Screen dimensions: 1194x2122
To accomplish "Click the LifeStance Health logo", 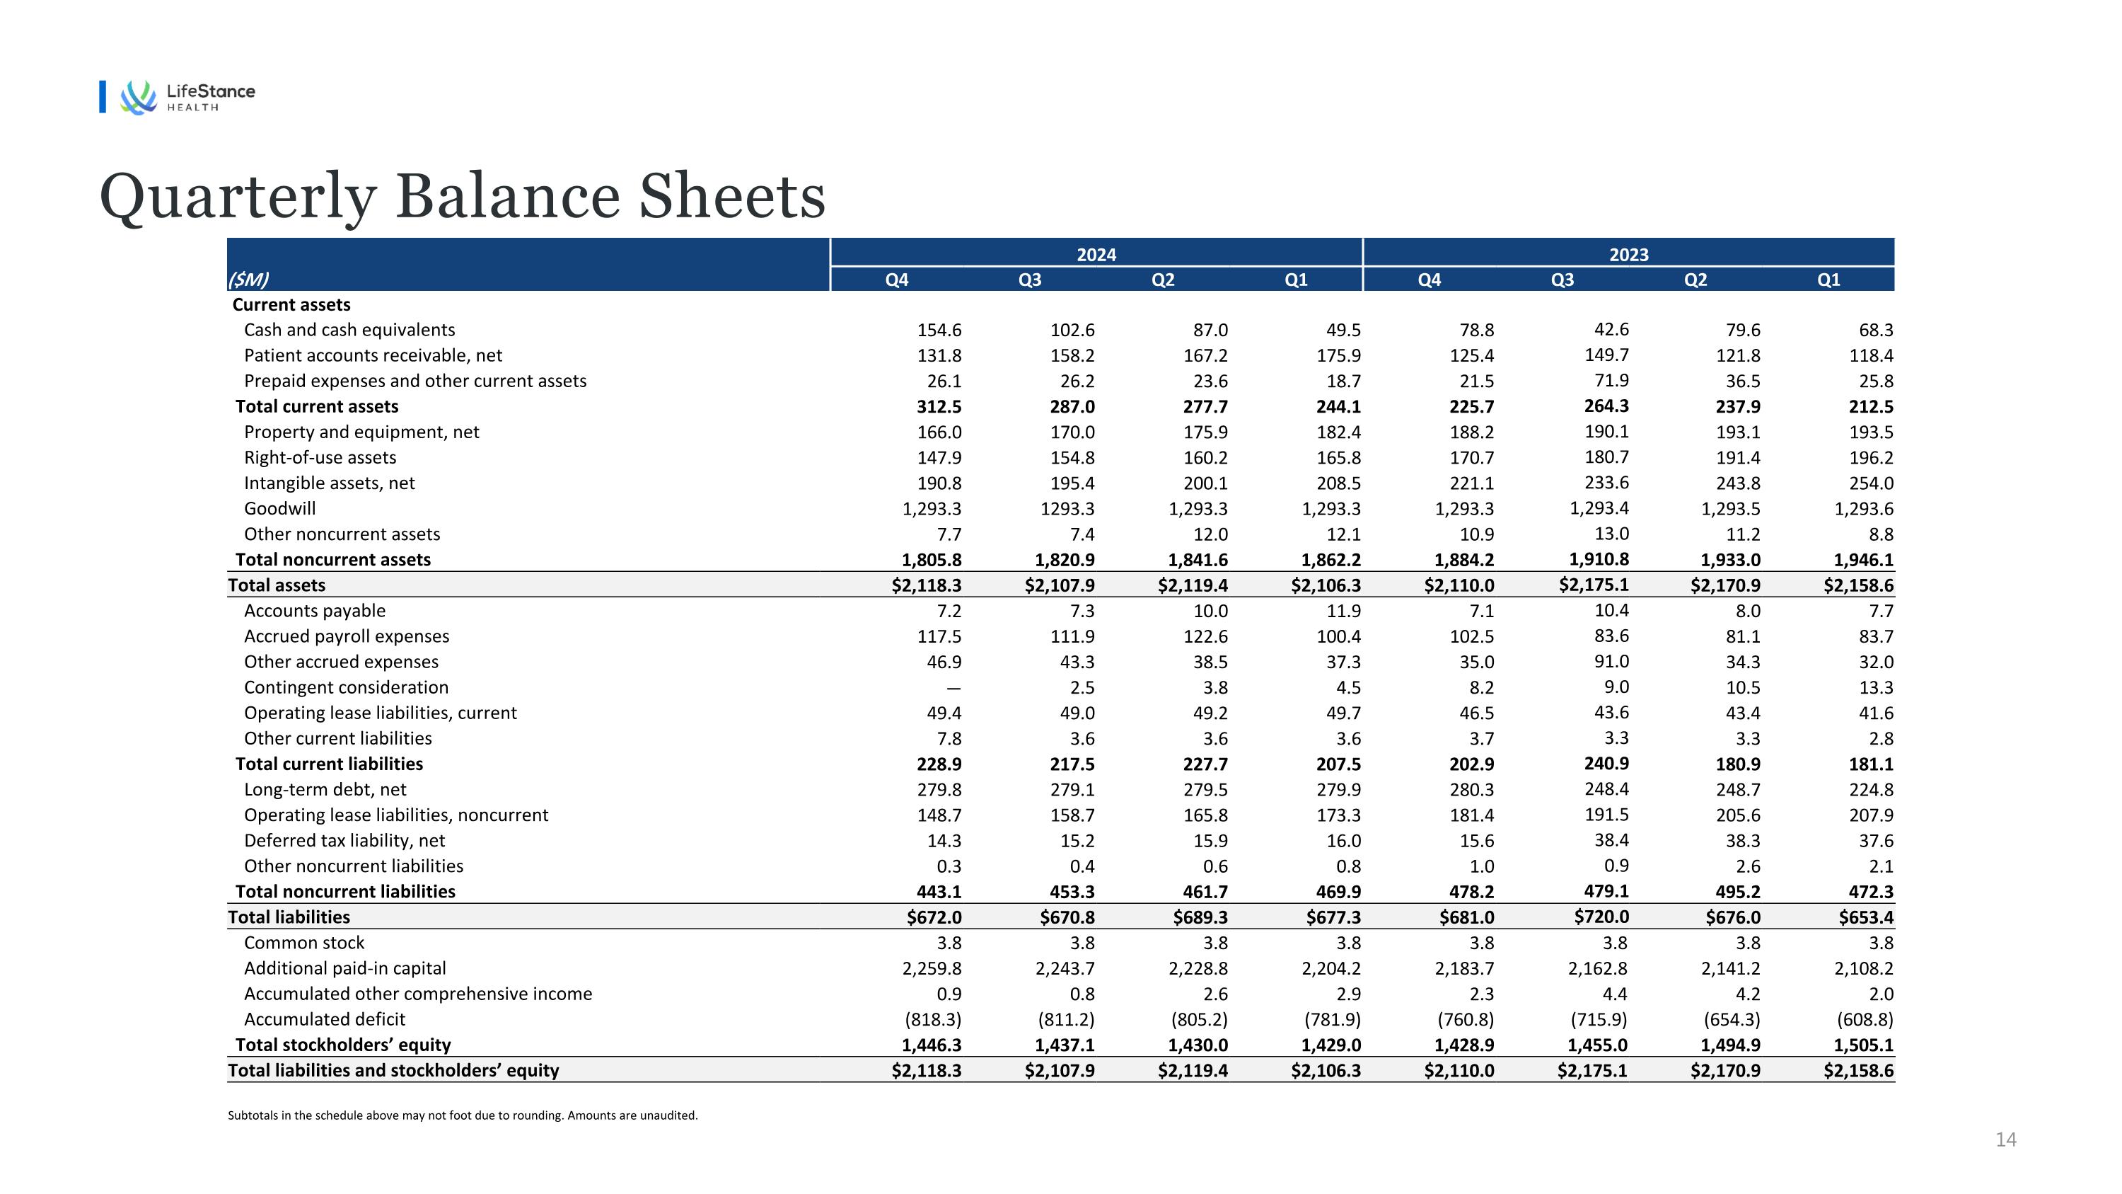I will pyautogui.click(x=188, y=97).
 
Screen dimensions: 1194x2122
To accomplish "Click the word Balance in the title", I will pyautogui.click(x=506, y=197).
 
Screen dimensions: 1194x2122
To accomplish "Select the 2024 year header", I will pyautogui.click(x=1096, y=255).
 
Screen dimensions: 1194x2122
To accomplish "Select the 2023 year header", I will pyautogui.click(x=1628, y=255).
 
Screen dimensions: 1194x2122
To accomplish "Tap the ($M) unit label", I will pyautogui.click(x=248, y=280).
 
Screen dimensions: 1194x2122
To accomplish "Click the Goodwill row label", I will pyautogui.click(x=279, y=508).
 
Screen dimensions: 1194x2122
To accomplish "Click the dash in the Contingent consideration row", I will pyautogui.click(x=953, y=688).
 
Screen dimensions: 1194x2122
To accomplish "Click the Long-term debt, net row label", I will pyautogui.click(x=325, y=789).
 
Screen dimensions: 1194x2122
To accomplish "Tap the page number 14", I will pyautogui.click(x=2005, y=1140).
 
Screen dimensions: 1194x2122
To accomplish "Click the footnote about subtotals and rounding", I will pyautogui.click(x=462, y=1115).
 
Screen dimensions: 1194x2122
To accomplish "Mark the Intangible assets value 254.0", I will pyautogui.click(x=1870, y=483).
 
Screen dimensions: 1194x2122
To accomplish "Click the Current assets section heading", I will pyautogui.click(x=291, y=305).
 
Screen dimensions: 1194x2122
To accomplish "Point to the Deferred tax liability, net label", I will pyautogui.click(x=344, y=841).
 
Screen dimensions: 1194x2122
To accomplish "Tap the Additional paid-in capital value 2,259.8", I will pyautogui.click(x=931, y=968).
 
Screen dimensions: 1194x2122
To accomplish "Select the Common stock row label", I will pyautogui.click(x=303, y=943).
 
